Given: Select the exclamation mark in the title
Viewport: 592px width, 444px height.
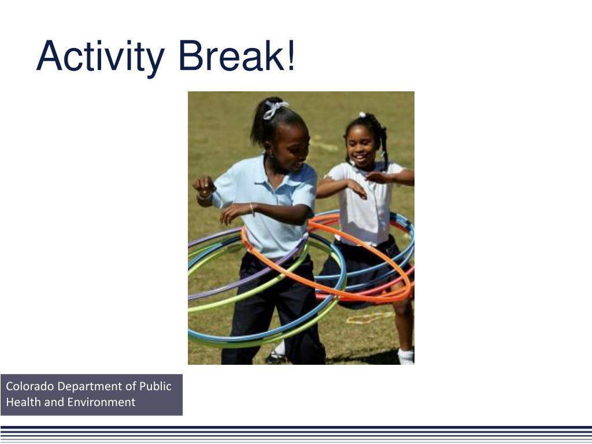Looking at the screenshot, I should (290, 57).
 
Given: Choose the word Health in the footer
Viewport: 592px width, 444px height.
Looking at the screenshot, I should (23, 402).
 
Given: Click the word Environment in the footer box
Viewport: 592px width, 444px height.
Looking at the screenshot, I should (101, 402).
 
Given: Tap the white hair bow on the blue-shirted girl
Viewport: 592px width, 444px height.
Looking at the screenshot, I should (275, 109).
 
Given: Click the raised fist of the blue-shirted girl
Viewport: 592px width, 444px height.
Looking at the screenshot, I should (203, 186).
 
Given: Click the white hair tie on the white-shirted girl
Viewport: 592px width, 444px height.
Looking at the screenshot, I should (362, 115).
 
